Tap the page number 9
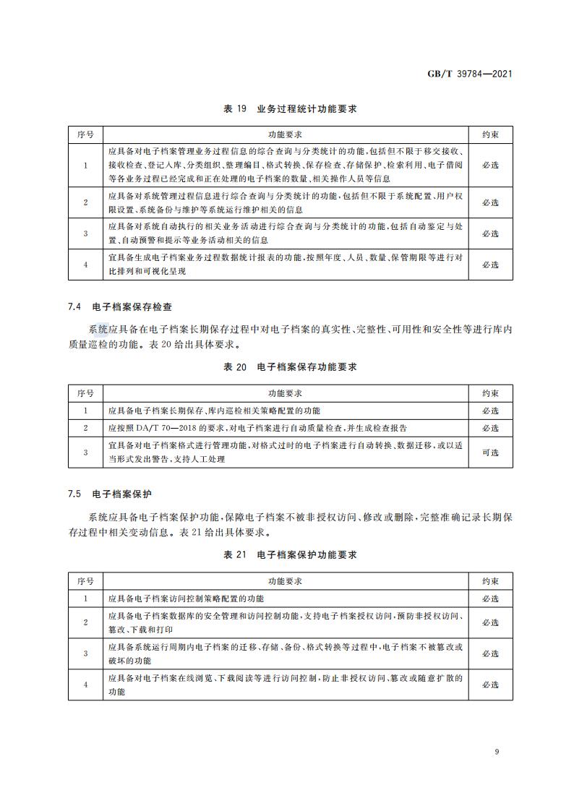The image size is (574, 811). [x=497, y=752]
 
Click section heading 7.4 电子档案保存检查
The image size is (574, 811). [x=121, y=306]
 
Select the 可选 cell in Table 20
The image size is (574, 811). [x=490, y=452]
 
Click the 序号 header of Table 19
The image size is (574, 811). [x=85, y=135]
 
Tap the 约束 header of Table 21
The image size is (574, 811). [x=490, y=581]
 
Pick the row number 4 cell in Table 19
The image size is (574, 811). [x=85, y=265]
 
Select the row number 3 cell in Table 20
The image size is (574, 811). [x=85, y=452]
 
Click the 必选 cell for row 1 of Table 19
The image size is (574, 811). [x=490, y=166]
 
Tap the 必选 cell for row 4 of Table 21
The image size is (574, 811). [x=490, y=685]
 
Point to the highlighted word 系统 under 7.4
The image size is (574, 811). [x=99, y=330]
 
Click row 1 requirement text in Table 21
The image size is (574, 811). [x=187, y=599]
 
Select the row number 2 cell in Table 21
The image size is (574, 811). [x=85, y=622]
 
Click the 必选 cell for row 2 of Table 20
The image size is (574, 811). [x=490, y=428]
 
